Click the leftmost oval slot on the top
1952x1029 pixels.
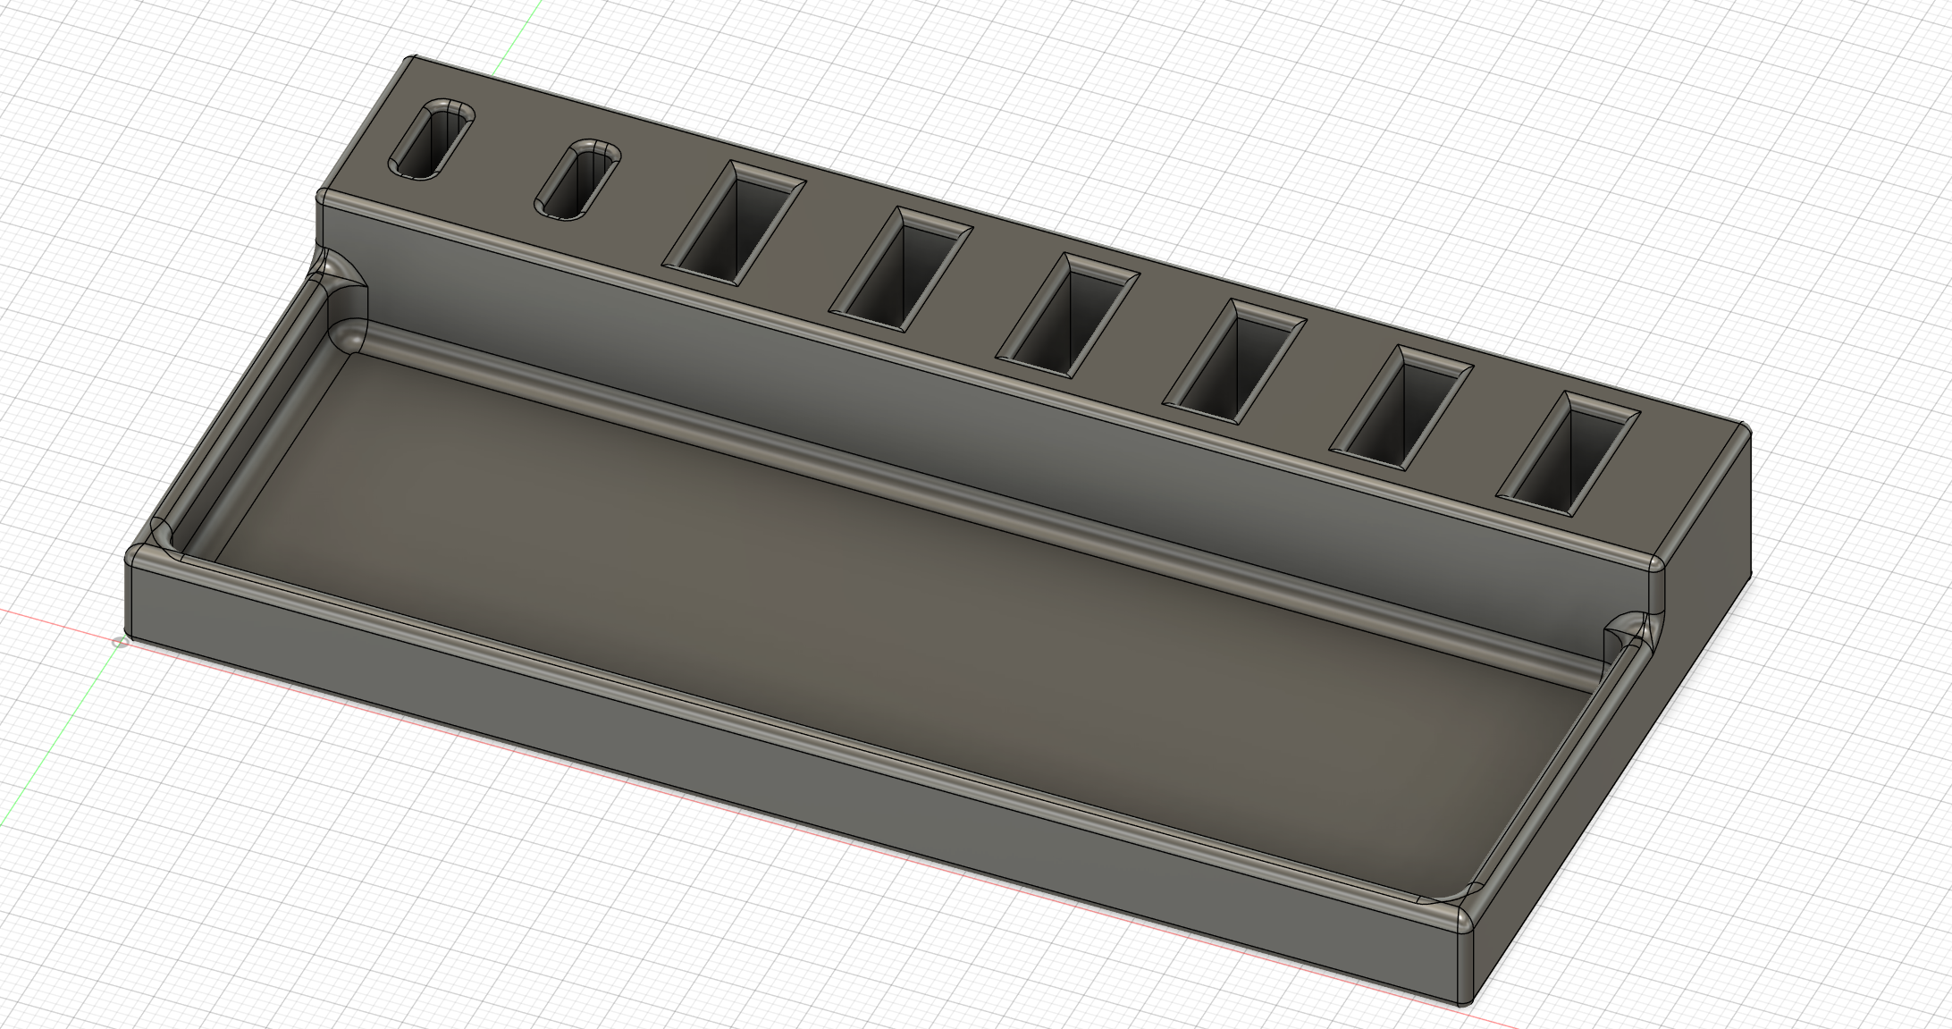coord(431,139)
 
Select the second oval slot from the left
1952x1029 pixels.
coord(577,179)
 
